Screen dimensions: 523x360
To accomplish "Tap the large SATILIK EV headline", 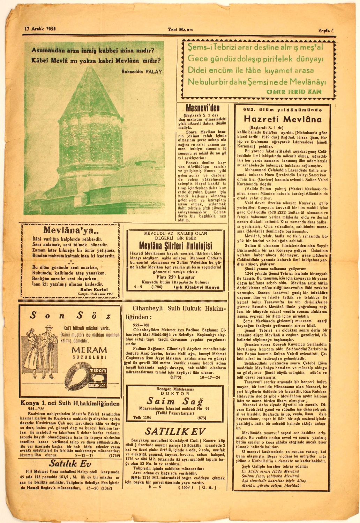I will [175, 431].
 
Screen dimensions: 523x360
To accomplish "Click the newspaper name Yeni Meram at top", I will [180, 29].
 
